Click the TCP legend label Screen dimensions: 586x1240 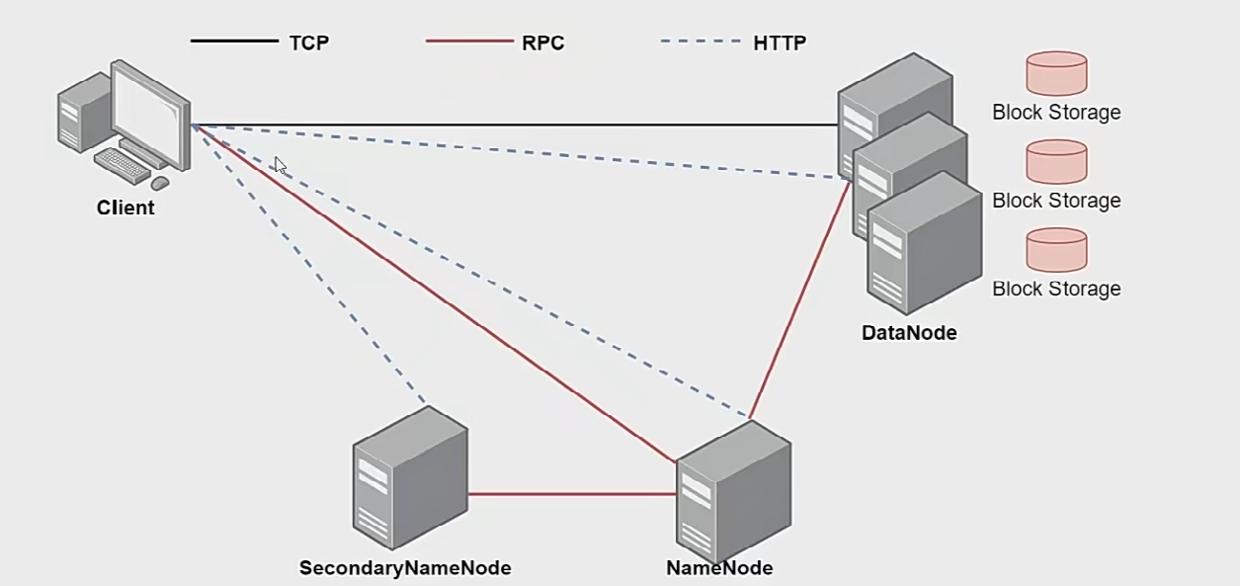pos(308,42)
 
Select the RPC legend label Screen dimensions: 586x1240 pos(542,42)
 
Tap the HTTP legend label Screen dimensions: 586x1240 pos(780,42)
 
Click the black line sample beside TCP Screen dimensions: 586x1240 pos(234,42)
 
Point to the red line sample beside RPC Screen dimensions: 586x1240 pos(469,42)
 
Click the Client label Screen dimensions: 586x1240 pos(125,209)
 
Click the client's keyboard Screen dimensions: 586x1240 pos(123,165)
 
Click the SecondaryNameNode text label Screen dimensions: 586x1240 pos(405,568)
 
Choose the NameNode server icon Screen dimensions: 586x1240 pos(733,491)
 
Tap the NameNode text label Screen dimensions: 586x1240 pos(719,568)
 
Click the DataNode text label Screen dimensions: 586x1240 pos(909,333)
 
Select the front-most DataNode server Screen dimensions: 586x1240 pos(924,244)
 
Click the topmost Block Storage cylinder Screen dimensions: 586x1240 pos(1056,73)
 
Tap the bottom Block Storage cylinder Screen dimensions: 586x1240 pos(1056,250)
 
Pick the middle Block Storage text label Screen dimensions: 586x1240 pos(1056,201)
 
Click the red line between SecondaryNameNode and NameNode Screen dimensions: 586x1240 pos(571,493)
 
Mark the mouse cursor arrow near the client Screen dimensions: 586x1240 pos(280,165)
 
